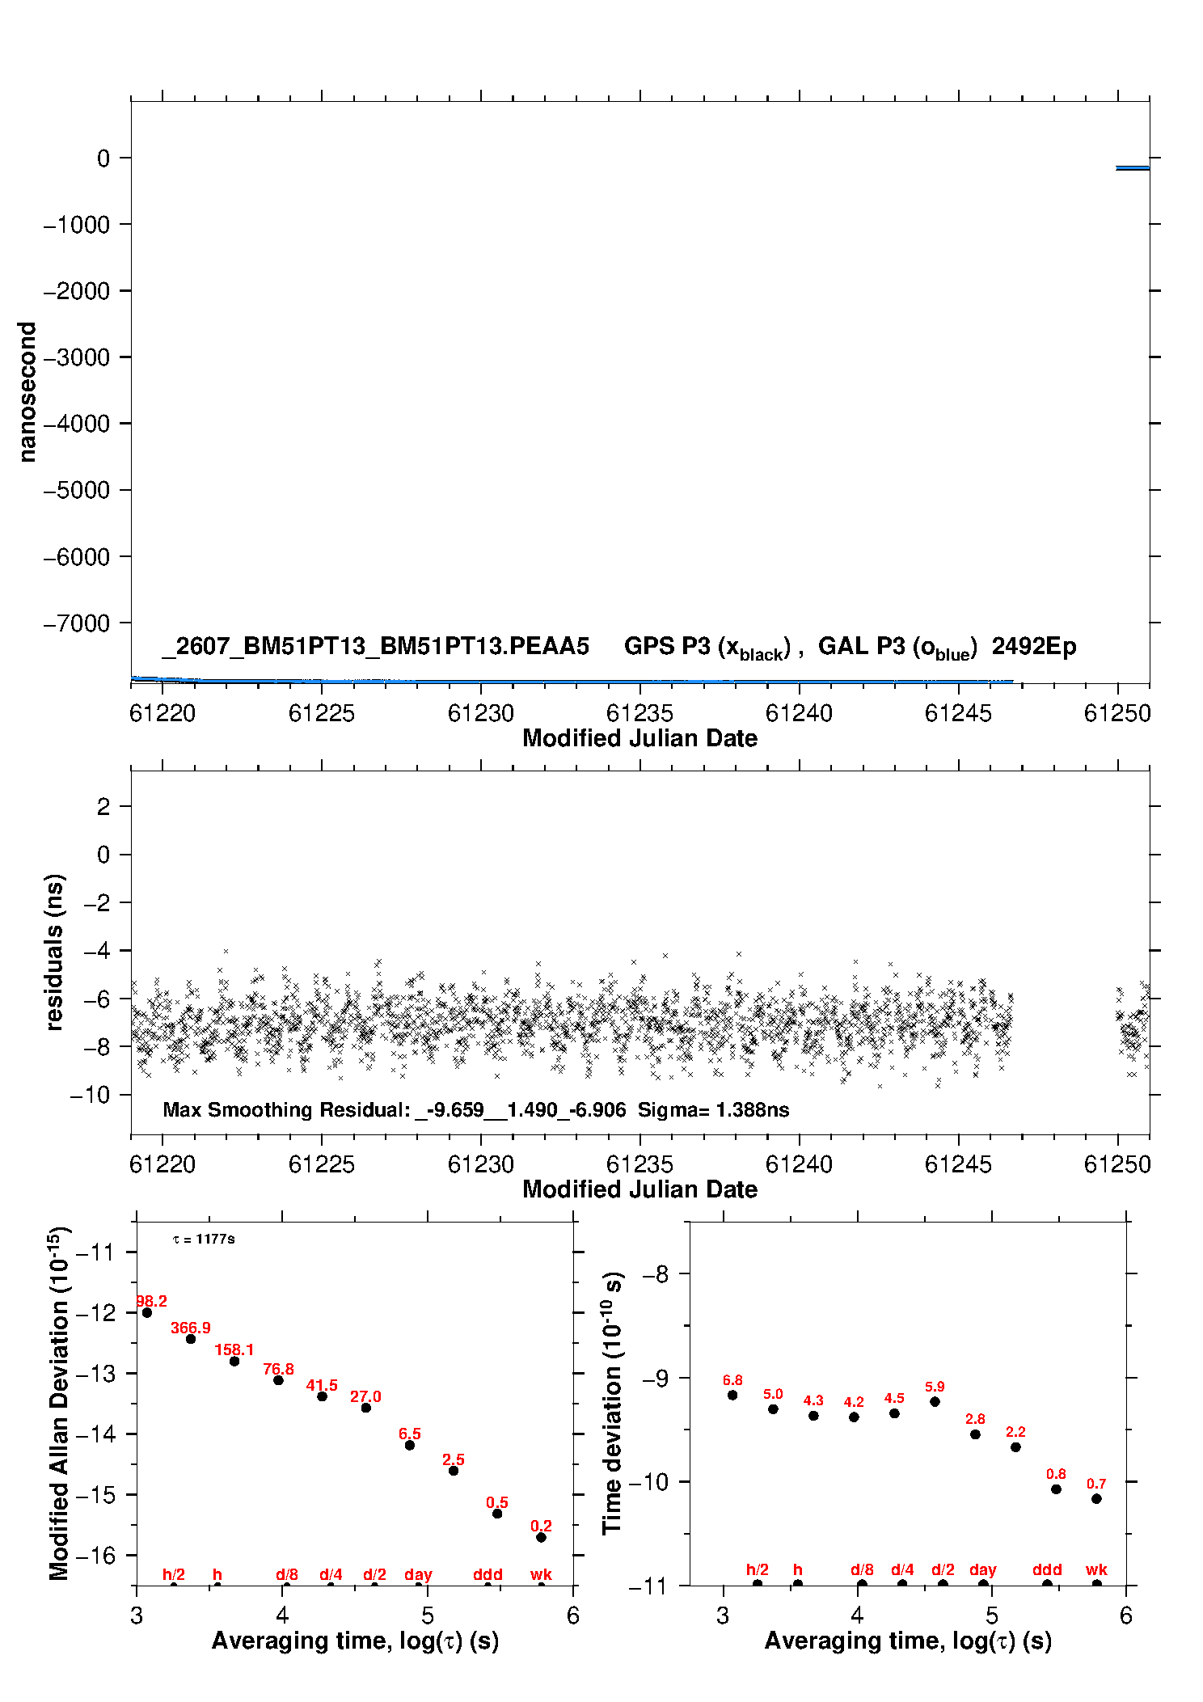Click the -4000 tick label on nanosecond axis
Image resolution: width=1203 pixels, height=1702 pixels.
(77, 424)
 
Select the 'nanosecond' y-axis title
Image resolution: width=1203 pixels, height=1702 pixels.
(27, 392)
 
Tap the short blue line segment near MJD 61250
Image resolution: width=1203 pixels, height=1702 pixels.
(1133, 168)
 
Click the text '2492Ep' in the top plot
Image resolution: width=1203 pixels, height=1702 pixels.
(1034, 646)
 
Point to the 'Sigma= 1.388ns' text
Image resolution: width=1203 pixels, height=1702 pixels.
(713, 1109)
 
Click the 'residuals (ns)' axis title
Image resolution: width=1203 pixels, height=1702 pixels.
(54, 952)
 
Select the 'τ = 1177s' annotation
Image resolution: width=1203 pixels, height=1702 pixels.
(204, 1239)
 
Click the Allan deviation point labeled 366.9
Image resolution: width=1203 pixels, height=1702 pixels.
(191, 1339)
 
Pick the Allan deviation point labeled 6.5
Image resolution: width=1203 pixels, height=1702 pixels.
(410, 1445)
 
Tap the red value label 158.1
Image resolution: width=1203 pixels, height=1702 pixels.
(234, 1349)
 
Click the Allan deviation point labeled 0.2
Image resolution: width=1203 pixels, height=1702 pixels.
(541, 1537)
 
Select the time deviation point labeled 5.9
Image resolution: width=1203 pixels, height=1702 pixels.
(935, 1401)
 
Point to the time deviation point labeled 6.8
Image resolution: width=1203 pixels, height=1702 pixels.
(732, 1395)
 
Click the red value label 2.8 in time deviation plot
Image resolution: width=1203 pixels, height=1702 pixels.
(975, 1419)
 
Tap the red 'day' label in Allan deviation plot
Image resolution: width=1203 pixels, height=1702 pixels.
(418, 1574)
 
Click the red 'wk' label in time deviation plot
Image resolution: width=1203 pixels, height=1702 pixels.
(1096, 1569)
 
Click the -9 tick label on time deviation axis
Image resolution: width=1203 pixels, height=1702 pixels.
(655, 1378)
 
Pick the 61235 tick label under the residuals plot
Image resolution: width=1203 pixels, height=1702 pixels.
(639, 1164)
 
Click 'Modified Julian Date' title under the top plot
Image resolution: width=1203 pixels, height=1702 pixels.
(639, 738)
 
